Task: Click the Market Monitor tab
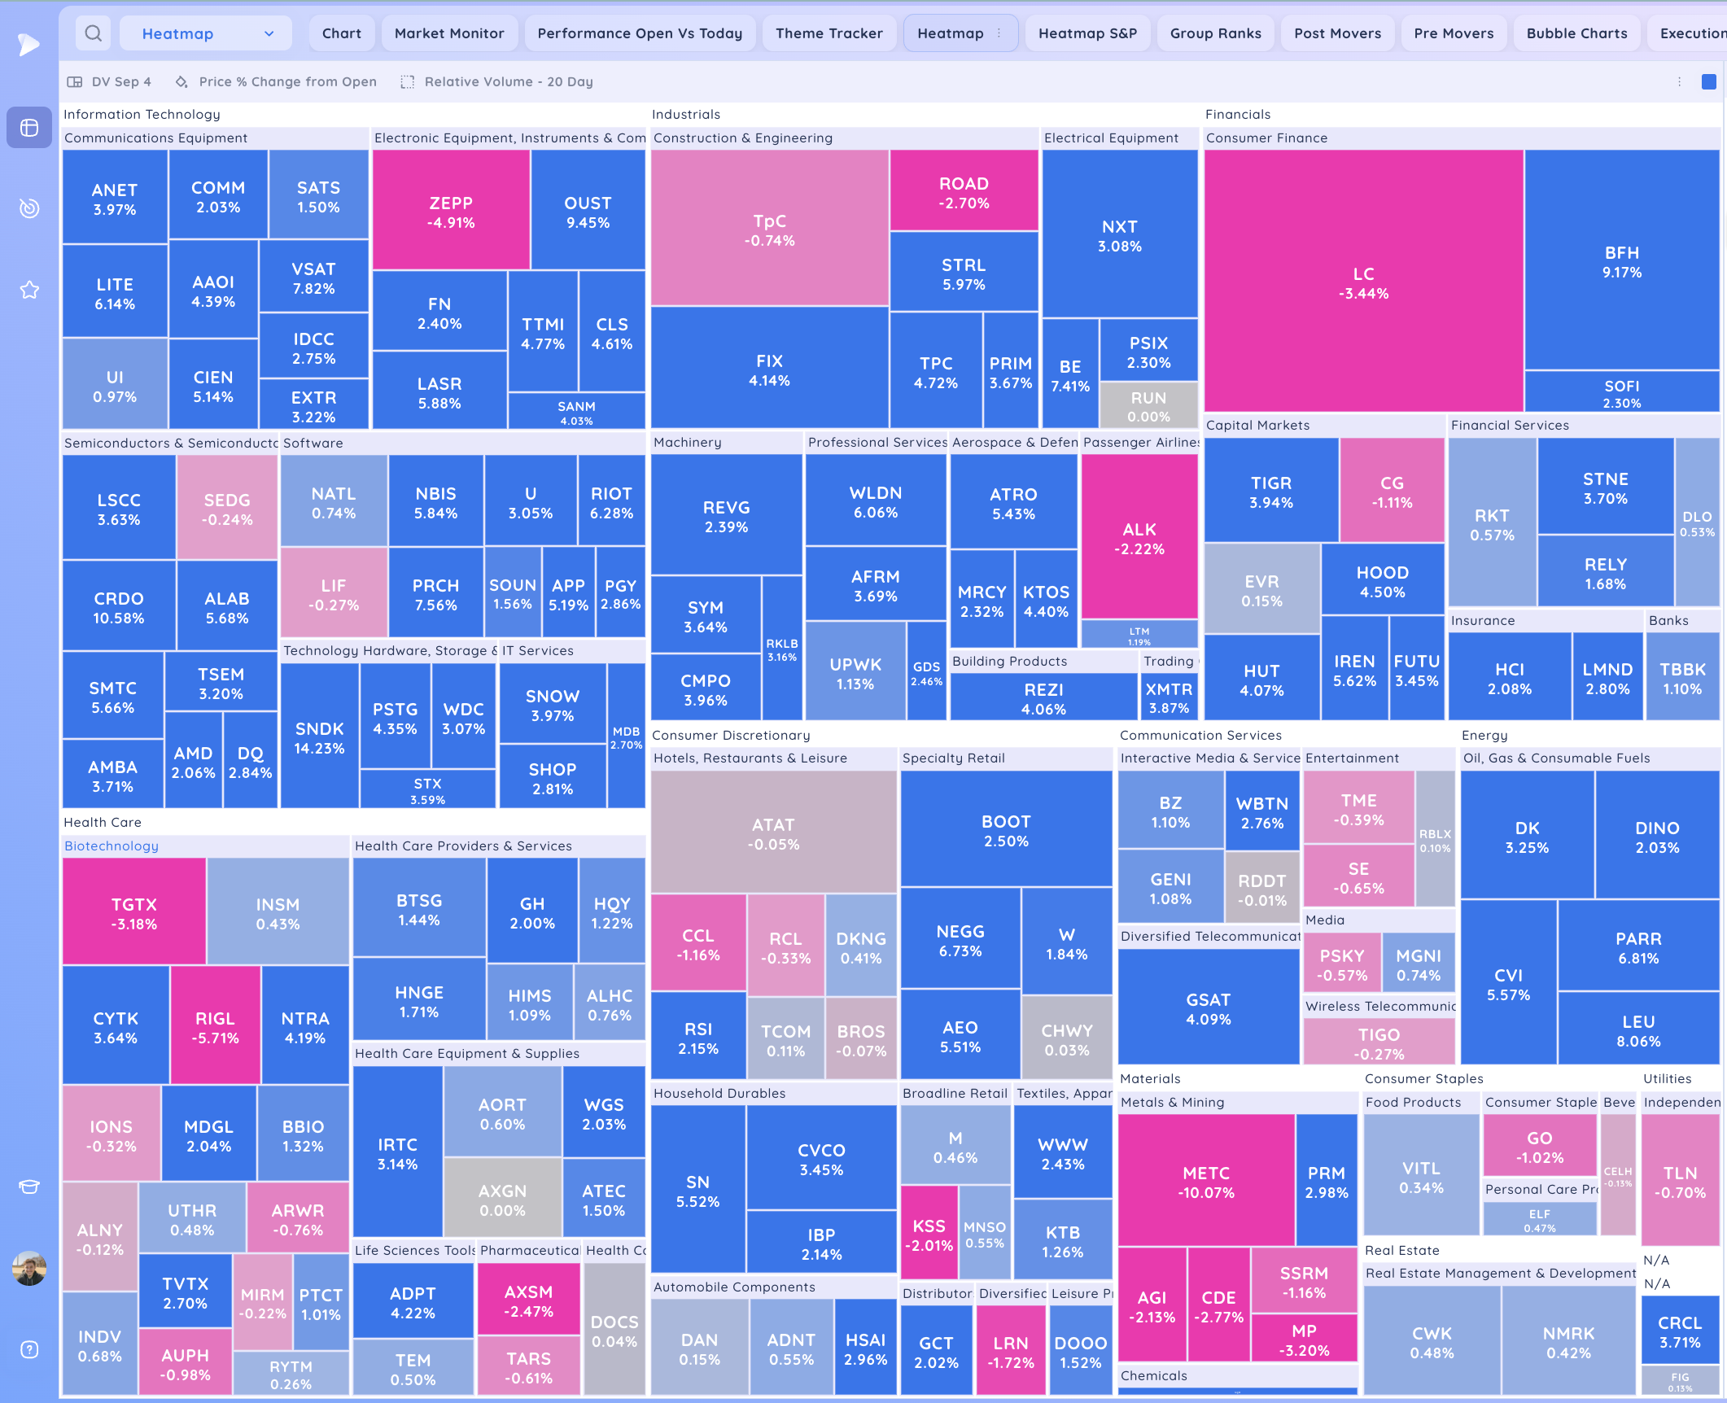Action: (x=449, y=33)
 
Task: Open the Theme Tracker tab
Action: (x=829, y=33)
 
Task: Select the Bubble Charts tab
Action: (x=1576, y=33)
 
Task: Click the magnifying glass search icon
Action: (x=94, y=33)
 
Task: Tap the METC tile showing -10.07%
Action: (x=1206, y=1182)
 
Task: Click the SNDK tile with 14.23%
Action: (x=319, y=737)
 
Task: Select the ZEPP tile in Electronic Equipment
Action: (x=451, y=212)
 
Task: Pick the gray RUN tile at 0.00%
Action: (x=1148, y=406)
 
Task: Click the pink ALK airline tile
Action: (x=1139, y=538)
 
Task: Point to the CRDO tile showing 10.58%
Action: (x=119, y=607)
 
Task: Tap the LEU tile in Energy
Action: (x=1638, y=1030)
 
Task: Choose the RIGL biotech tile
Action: (x=215, y=1027)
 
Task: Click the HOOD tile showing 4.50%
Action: (x=1382, y=581)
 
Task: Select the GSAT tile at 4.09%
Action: (x=1208, y=1008)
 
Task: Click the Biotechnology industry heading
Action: (x=111, y=846)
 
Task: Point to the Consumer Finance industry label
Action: (x=1266, y=138)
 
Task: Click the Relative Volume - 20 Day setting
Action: (x=508, y=81)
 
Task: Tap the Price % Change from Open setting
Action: (x=287, y=81)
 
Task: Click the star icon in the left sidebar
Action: (x=29, y=290)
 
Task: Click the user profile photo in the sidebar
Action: (x=29, y=1268)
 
